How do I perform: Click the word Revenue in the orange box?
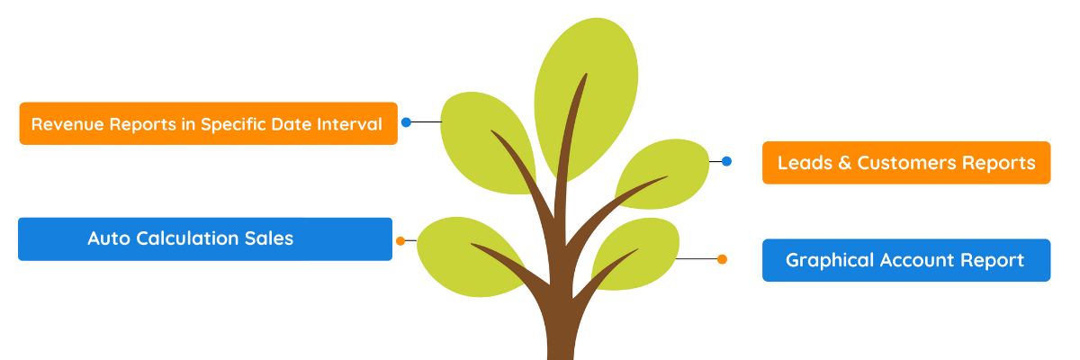coord(67,124)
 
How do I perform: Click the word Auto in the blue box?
coord(109,238)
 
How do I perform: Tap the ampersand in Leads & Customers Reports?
coord(845,163)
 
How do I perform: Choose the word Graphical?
coord(830,261)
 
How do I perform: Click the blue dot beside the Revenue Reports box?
coord(406,122)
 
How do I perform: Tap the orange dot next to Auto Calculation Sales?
coord(400,240)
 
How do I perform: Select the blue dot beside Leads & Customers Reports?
coord(726,161)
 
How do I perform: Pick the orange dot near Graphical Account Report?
coord(722,259)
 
